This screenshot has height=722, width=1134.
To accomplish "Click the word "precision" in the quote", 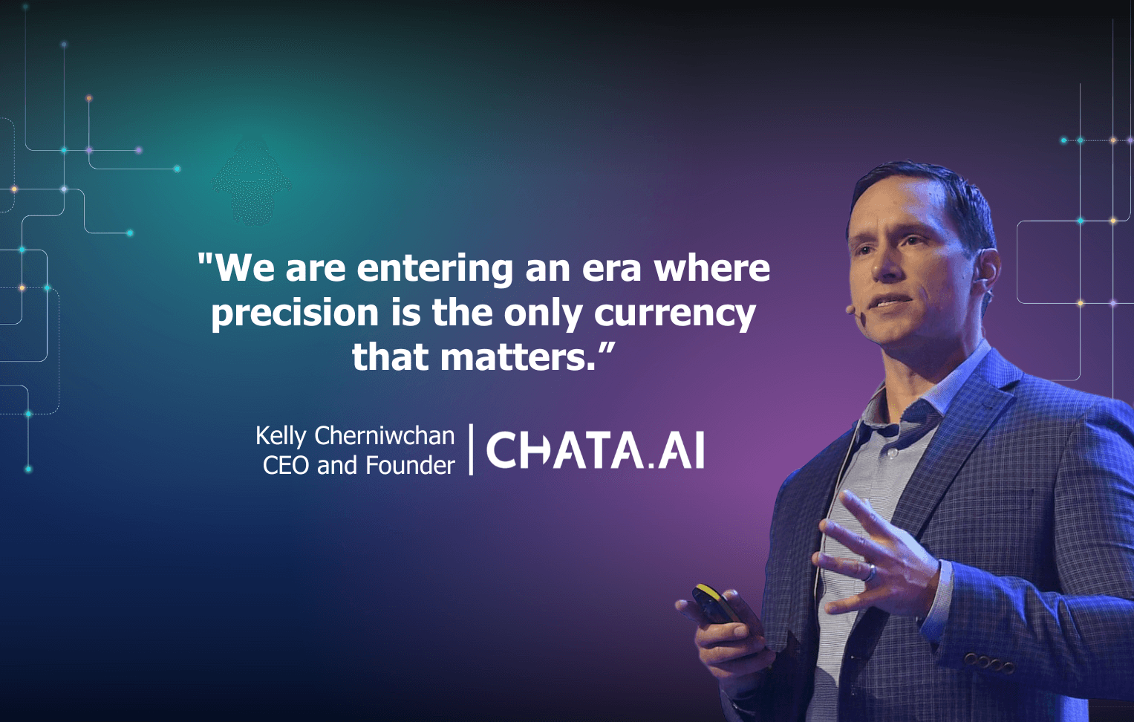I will [295, 313].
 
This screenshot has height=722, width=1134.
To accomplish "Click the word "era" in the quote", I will [611, 268].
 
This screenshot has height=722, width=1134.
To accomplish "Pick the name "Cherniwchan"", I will [384, 435].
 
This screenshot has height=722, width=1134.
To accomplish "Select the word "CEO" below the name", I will [285, 466].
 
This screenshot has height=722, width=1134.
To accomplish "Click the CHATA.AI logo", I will [595, 450].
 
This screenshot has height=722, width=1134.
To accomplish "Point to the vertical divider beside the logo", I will [471, 449].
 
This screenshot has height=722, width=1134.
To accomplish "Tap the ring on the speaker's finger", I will [870, 571].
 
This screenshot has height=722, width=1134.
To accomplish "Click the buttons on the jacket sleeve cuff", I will [988, 661].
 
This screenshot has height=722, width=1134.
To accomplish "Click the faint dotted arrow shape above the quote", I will [252, 182].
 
